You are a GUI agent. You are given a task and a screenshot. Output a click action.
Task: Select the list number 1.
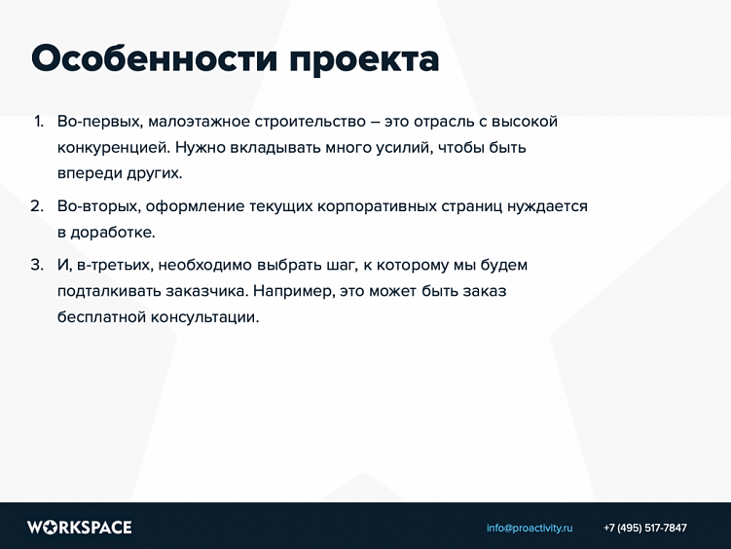[38, 123]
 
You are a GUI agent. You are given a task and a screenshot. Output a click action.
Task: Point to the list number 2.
[37, 207]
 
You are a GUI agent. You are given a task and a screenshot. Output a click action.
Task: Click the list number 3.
[37, 265]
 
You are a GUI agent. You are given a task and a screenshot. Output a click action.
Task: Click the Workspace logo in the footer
[79, 528]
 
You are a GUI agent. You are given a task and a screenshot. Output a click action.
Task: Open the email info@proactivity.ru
[530, 528]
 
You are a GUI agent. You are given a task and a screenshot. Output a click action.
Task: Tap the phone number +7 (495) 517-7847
[644, 528]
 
